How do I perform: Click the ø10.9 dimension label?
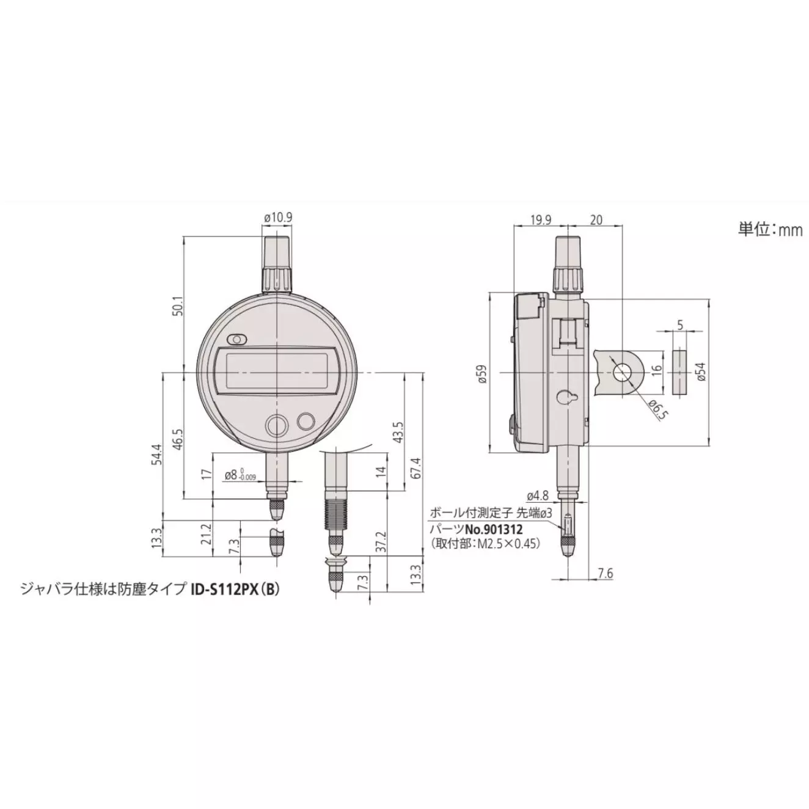coord(277,218)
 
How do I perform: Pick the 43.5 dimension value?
coord(398,431)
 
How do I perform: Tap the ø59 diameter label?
coord(482,373)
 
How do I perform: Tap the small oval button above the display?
coord(236,339)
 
